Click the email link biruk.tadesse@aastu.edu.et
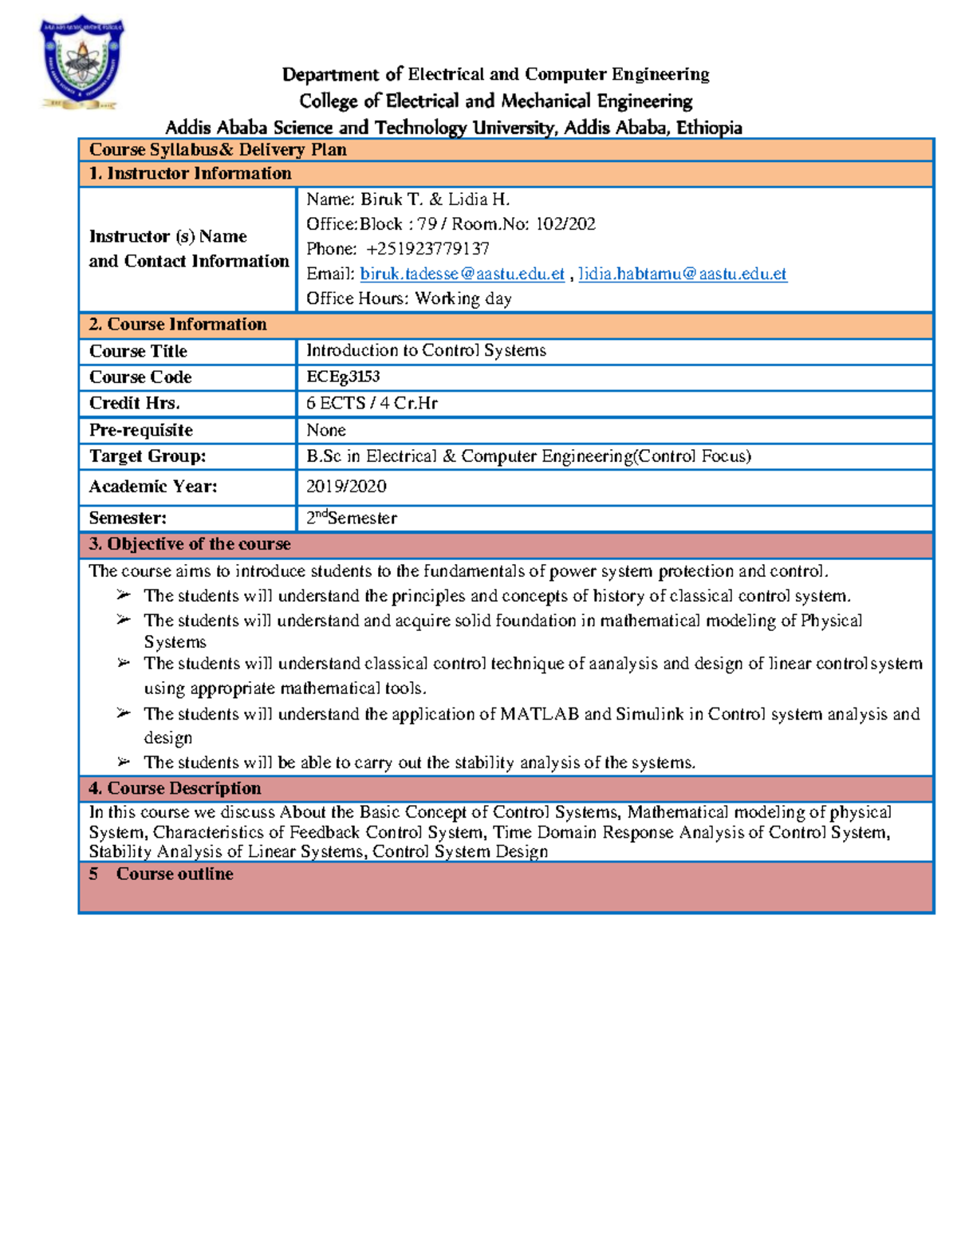tap(462, 274)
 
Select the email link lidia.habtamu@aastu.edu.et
tap(682, 274)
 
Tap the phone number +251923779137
tap(427, 249)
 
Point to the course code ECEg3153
tap(343, 377)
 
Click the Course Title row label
tap(138, 352)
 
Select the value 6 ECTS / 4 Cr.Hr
tap(372, 403)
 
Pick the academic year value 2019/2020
tap(346, 487)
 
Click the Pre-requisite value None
tap(325, 430)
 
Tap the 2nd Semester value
tap(351, 518)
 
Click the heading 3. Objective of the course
tap(190, 544)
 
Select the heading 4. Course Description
tap(175, 788)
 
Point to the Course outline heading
tap(175, 874)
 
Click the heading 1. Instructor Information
tap(190, 174)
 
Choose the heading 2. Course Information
tap(178, 325)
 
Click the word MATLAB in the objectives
tap(539, 714)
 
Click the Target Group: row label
tap(148, 456)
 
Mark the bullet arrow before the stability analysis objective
tap(124, 762)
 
